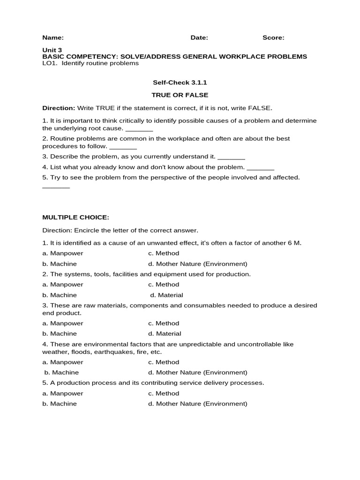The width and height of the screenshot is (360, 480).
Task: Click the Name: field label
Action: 53,38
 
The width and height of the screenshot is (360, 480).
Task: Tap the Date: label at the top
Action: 199,38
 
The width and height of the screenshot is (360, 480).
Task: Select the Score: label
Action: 273,38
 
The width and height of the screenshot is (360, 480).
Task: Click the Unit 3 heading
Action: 52,50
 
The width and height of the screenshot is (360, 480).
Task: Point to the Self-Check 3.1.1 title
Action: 180,82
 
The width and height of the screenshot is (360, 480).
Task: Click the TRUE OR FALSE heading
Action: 180,95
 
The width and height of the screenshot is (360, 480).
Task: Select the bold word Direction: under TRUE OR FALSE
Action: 59,108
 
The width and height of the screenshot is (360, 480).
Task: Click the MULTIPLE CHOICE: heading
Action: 75,217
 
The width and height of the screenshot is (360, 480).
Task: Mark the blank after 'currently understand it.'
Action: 232,157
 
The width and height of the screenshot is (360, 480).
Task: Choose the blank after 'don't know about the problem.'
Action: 260,168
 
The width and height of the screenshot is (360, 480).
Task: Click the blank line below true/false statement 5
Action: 56,187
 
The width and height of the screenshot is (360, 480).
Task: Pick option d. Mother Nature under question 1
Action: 197,264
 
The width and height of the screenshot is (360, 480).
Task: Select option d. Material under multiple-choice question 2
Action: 166,295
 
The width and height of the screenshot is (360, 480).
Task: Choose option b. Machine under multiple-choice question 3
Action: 60,334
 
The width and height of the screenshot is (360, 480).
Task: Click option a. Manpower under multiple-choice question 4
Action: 63,362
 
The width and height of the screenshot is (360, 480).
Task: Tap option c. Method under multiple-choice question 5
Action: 164,394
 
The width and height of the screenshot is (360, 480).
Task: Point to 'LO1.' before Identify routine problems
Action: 50,63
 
